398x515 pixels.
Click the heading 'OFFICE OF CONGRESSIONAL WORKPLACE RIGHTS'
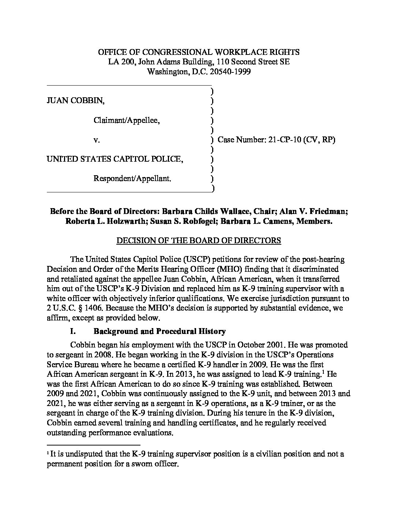[x=199, y=52]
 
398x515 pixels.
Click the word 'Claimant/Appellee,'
[x=127, y=120]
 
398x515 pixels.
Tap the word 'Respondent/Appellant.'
[x=132, y=178]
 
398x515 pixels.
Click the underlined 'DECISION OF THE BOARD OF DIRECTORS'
[x=199, y=240]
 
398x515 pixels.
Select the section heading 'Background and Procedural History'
[x=159, y=331]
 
